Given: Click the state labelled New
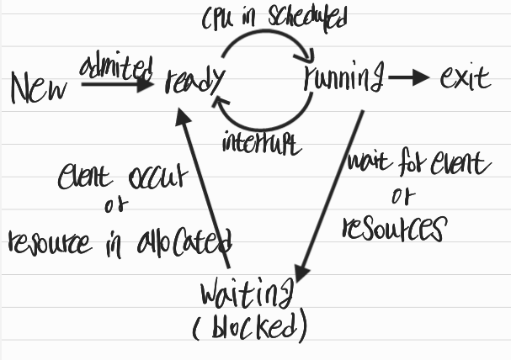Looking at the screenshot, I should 38,87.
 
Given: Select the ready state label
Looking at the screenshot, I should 194,82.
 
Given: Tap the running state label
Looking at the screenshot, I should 343,80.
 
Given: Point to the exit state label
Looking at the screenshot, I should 464,80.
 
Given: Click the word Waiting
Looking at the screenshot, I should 247,296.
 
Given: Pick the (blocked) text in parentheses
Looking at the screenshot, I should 249,326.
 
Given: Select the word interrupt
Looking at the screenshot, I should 261,142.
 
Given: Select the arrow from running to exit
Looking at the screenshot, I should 408,80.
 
